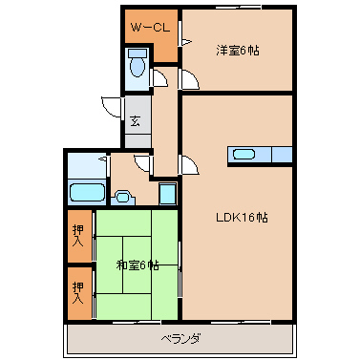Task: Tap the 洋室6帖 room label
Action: [238, 51]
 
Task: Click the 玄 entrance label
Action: [136, 120]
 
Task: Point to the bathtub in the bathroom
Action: [86, 192]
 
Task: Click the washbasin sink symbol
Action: [121, 198]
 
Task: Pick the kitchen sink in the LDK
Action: [244, 154]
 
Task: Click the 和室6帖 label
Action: [138, 265]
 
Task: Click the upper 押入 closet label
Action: [78, 236]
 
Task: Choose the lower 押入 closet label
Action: [78, 291]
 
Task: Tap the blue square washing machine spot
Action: [167, 193]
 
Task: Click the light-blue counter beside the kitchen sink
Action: [282, 154]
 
